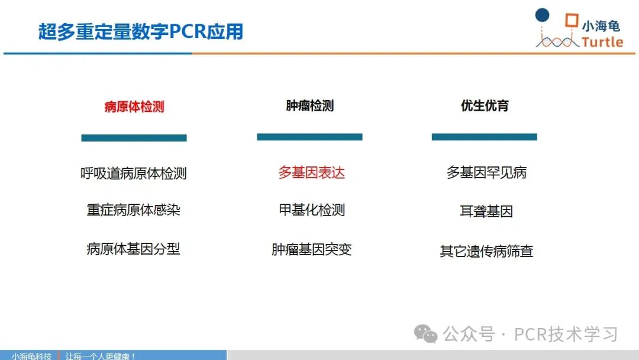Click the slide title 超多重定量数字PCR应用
point(141,31)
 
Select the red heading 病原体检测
point(134,107)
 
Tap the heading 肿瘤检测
point(309,105)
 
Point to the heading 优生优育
point(485,105)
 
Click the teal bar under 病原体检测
point(134,138)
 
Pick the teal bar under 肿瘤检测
point(309,137)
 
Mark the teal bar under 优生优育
point(485,137)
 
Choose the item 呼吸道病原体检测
point(134,173)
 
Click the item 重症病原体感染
point(134,210)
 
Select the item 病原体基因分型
point(134,249)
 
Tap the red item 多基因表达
point(312,172)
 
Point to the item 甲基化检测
point(312,210)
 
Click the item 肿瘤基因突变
point(312,249)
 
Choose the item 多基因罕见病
point(486,172)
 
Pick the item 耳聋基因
point(486,211)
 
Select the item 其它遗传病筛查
point(486,251)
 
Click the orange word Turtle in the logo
point(602,42)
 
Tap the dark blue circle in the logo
point(542,15)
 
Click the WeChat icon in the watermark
point(426,334)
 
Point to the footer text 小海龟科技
point(31,356)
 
